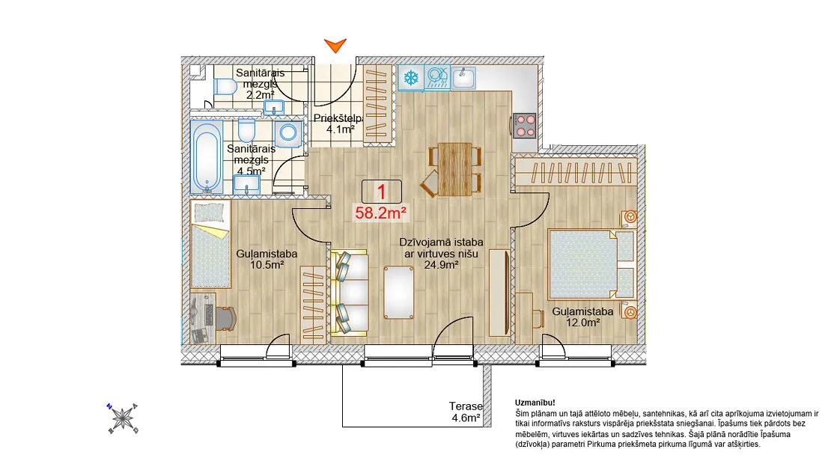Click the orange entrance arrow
click(x=335, y=46)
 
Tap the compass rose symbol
click(x=123, y=418)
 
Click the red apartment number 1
click(x=381, y=192)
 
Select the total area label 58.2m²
click(x=381, y=213)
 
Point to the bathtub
click(x=206, y=157)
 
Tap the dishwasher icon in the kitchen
click(x=437, y=78)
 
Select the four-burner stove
click(x=525, y=126)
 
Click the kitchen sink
click(x=463, y=77)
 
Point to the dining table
click(x=454, y=169)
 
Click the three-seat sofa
click(x=350, y=293)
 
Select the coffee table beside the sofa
click(x=399, y=292)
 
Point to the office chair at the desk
click(x=225, y=318)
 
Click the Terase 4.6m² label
click(x=466, y=412)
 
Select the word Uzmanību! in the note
click(x=535, y=403)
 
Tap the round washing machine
click(x=288, y=132)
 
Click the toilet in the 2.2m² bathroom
click(x=226, y=86)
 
